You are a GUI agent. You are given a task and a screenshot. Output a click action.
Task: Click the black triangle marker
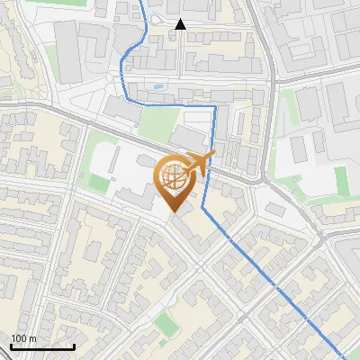click(x=180, y=25)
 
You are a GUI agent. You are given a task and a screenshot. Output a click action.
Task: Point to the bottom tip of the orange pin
click(x=174, y=212)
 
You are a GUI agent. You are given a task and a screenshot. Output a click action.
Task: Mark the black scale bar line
click(x=42, y=346)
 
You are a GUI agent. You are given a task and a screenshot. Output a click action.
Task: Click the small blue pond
click(x=158, y=87)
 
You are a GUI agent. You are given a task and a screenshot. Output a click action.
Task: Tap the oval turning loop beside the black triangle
click(x=159, y=20)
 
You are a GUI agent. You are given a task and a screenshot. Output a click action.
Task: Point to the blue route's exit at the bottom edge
click(x=340, y=358)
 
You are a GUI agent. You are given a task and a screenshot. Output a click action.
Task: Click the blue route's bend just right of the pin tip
click(x=203, y=208)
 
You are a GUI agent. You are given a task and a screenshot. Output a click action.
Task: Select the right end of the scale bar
click(x=74, y=346)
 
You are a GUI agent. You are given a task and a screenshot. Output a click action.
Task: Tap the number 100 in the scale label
click(x=18, y=339)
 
